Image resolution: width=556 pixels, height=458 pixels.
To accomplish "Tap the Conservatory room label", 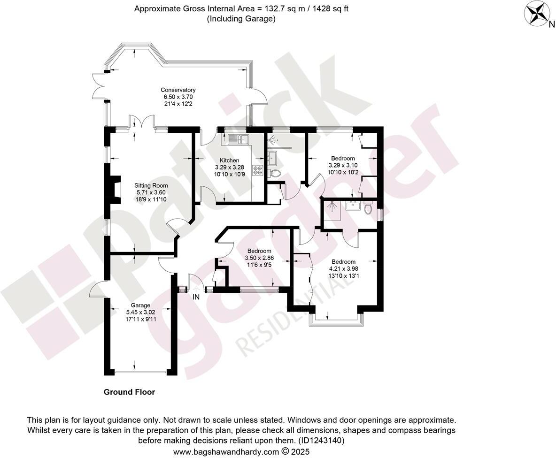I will pos(178,90).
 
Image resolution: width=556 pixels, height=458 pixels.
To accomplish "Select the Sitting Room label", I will pos(151,185).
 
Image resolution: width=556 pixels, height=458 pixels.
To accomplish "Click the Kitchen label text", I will pos(229,160).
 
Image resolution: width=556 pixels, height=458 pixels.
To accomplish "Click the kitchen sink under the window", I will pos(239,139).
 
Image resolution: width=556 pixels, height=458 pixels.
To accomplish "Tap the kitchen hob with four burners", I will pos(258,170).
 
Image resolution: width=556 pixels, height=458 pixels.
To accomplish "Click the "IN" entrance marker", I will pos(196,297).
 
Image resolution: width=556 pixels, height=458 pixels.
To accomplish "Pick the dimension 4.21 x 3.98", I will pos(343,269).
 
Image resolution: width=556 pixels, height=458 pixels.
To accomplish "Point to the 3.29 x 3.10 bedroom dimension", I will pos(343,165).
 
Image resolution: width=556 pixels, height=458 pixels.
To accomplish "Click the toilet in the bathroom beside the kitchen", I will pos(276,174).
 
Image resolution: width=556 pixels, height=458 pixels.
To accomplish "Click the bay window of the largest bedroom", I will pos(336,320).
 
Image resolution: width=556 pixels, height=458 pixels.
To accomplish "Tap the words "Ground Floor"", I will pos(129,392).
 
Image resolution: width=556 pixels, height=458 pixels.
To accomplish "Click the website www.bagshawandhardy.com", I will pos(225,452).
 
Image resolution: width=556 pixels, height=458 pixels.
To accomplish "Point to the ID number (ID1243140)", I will pos(321,441).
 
